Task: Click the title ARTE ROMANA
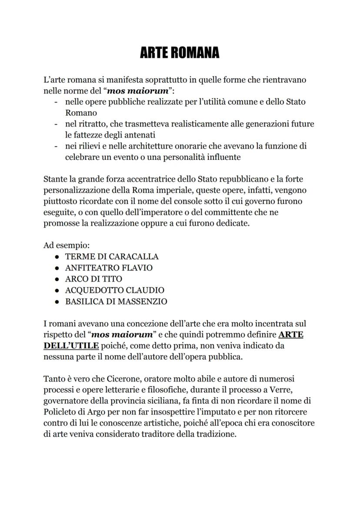point(180,53)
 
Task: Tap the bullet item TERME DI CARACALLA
point(112,256)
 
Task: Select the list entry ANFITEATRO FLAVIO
point(109,268)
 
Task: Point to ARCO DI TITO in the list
point(93,279)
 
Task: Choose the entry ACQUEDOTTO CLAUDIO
point(114,290)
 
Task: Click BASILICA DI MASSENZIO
point(116,302)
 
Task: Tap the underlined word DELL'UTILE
point(71,346)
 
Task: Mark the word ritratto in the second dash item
point(90,124)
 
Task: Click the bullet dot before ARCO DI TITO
point(57,279)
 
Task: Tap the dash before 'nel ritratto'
point(56,124)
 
